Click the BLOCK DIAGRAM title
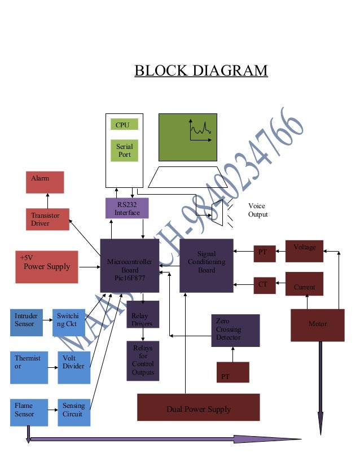[x=200, y=71]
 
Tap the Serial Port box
[x=124, y=150]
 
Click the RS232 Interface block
[x=127, y=208]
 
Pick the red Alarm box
[x=45, y=182]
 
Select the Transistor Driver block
[x=47, y=219]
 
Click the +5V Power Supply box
[x=46, y=266]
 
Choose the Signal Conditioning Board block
[x=206, y=265]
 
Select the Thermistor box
[x=29, y=367]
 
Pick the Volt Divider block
[x=73, y=367]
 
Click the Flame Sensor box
[x=27, y=412]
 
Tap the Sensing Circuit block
[x=73, y=412]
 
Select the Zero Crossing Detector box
[x=235, y=330]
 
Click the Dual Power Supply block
[x=198, y=407]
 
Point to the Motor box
[x=317, y=325]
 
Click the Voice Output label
[x=257, y=210]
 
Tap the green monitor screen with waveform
[x=187, y=137]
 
